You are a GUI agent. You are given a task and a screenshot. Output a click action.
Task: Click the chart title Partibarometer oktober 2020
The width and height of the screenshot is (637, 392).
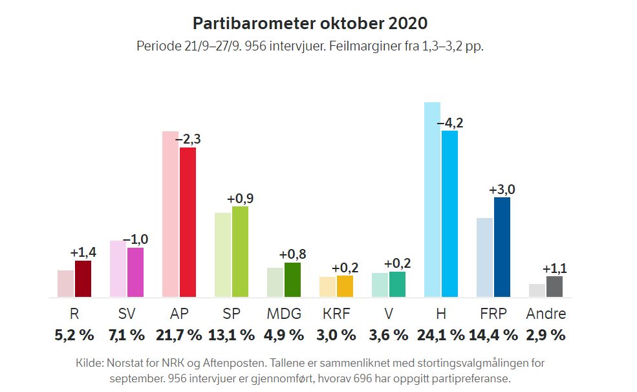(x=310, y=23)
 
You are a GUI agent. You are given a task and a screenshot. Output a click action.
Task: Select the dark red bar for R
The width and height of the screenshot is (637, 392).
(x=83, y=279)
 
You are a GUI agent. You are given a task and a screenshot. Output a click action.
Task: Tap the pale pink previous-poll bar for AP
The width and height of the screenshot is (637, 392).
(x=169, y=213)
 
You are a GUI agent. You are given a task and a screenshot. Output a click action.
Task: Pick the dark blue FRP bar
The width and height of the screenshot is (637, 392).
(x=502, y=247)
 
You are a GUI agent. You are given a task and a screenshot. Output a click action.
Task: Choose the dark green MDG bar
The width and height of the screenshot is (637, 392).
(x=292, y=279)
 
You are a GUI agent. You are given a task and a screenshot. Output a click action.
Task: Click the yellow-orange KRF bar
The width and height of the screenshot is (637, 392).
(x=345, y=286)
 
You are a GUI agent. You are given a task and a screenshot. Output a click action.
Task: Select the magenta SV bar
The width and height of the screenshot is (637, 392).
(x=135, y=272)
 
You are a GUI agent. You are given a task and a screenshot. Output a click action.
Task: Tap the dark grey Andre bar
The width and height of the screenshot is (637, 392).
(x=554, y=287)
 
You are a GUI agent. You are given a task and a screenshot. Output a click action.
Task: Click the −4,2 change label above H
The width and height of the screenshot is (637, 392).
(x=450, y=123)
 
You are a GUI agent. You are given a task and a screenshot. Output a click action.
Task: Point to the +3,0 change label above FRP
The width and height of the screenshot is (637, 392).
(x=502, y=190)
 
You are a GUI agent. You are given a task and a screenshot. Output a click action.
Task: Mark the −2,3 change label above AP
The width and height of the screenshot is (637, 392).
(x=188, y=140)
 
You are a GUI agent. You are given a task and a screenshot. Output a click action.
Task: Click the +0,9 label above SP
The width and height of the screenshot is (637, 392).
(x=240, y=199)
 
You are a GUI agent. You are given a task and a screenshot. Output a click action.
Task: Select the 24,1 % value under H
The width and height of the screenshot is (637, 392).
(x=440, y=335)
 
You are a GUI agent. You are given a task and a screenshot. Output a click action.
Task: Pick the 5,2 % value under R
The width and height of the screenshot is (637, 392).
(x=74, y=335)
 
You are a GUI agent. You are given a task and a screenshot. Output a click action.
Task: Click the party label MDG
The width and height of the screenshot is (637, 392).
(x=284, y=314)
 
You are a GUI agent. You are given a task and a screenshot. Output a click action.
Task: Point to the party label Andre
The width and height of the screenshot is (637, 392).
(x=546, y=314)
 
